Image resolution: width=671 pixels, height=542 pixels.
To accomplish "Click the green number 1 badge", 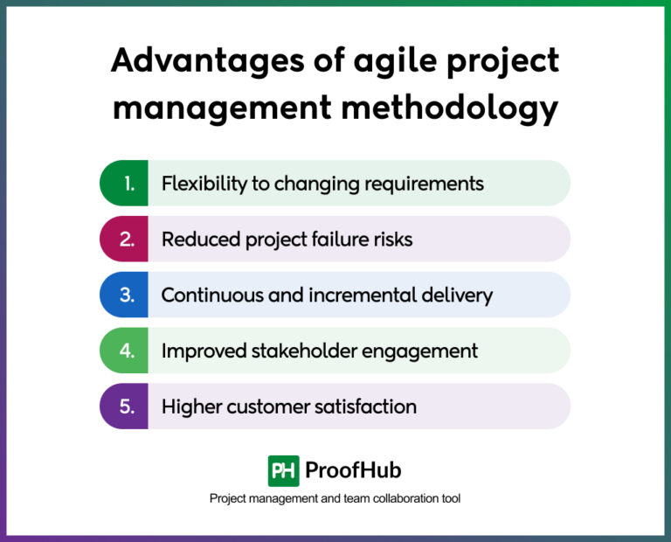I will pos(125,184).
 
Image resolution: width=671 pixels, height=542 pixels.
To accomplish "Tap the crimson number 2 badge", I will pos(125,240).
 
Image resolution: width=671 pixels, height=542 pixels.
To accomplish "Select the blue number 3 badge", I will pos(125,295).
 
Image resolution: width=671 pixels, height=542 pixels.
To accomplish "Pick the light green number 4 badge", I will pos(125,351).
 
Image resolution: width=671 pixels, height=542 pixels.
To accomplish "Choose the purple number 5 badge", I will pos(125,406).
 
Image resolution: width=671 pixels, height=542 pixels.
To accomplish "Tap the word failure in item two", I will pos(325,240).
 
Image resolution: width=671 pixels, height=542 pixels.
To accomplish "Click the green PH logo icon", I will pos(284,470).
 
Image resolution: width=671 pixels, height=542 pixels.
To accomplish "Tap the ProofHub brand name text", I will pos(353,470).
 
